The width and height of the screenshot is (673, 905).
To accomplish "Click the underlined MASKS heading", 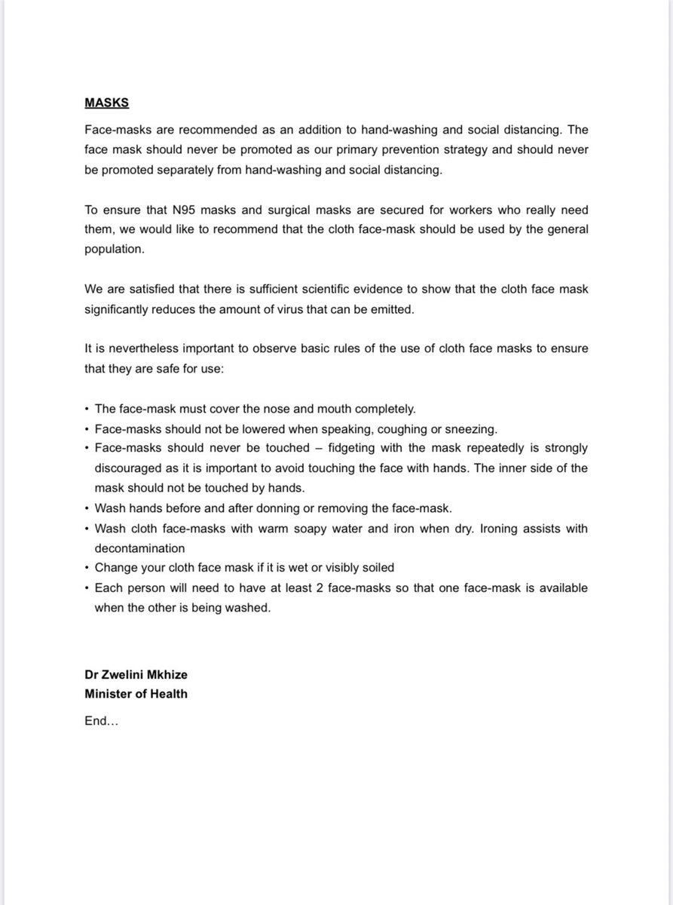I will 106,103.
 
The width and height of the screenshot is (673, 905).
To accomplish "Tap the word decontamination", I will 139,548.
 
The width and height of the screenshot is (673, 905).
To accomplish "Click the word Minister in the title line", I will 107,694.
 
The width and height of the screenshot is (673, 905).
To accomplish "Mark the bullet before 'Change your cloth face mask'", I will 87,568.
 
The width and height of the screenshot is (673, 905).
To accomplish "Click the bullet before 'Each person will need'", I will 87,587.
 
